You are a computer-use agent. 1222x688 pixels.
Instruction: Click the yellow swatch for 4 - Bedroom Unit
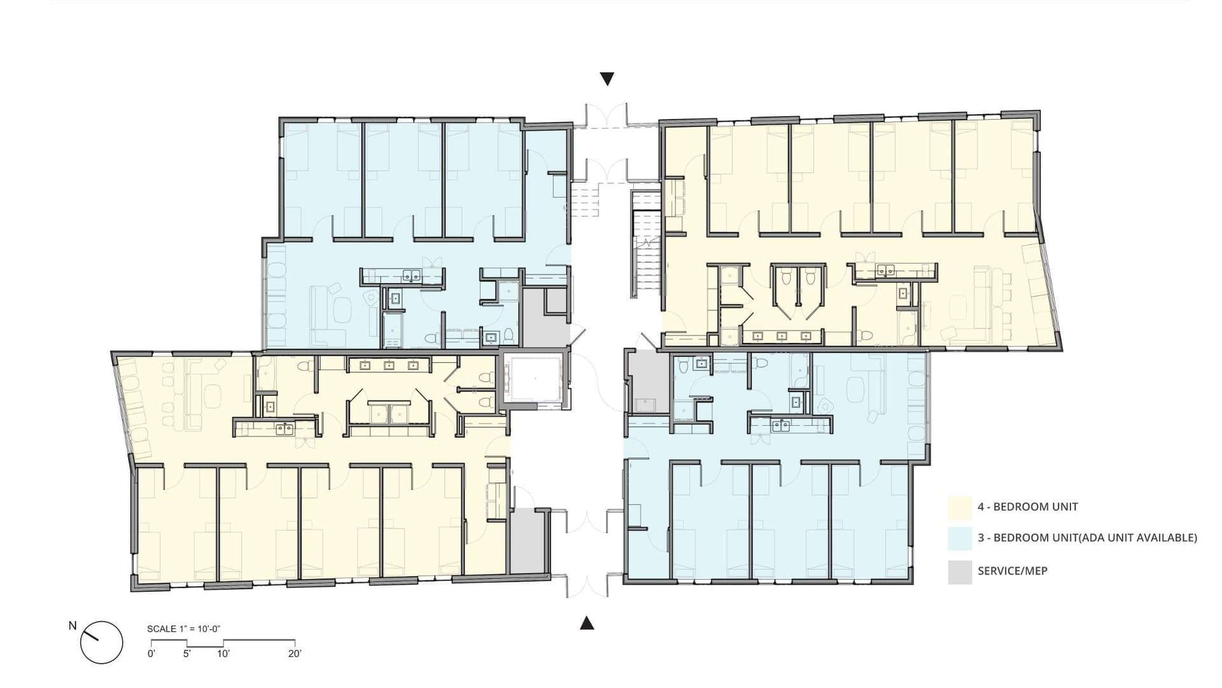(960, 507)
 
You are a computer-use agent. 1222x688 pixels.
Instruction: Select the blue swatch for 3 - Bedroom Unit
(960, 538)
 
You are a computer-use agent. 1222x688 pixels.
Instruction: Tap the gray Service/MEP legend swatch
(960, 572)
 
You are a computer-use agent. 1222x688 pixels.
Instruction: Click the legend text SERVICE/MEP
(1012, 572)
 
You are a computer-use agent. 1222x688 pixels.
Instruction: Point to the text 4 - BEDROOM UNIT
(1027, 507)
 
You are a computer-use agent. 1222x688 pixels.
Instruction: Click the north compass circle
(102, 642)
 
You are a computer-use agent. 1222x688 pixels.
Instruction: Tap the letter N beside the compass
(73, 626)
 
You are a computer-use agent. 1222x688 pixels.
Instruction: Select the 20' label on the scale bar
(294, 654)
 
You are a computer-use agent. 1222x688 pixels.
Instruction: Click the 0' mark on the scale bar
(151, 654)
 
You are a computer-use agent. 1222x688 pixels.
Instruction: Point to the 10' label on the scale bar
(223, 654)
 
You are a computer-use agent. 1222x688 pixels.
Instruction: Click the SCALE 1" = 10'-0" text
(183, 629)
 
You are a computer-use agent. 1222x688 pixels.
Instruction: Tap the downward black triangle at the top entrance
(607, 79)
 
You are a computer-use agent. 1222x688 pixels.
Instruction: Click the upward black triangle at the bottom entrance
(587, 623)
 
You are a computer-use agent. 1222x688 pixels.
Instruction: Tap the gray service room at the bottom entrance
(528, 541)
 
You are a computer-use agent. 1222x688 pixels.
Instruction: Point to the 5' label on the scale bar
(187, 654)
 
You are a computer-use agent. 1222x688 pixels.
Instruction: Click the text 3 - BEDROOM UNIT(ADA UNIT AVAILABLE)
(1087, 538)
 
